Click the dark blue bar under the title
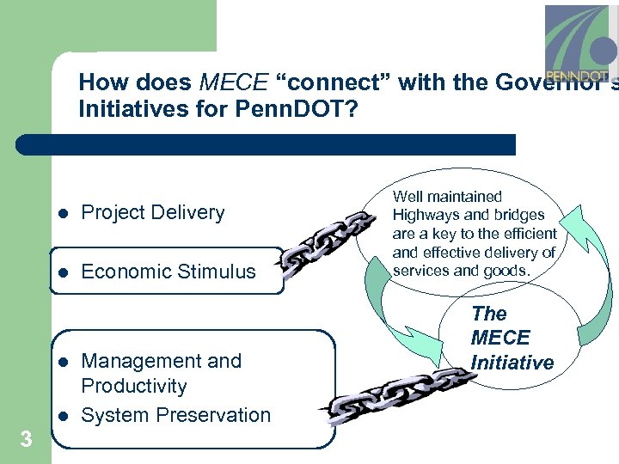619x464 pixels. pyautogui.click(x=284, y=144)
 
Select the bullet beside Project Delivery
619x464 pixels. pyautogui.click(x=62, y=213)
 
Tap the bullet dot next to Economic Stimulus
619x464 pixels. pyautogui.click(x=62, y=272)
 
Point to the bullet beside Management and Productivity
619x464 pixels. pyautogui.click(x=62, y=362)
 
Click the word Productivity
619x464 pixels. pyautogui.click(x=133, y=387)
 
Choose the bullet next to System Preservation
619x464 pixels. pyautogui.click(x=62, y=416)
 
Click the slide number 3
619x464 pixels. pyautogui.click(x=26, y=440)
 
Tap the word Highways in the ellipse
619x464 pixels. pyautogui.click(x=426, y=214)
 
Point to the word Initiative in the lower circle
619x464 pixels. pyautogui.click(x=512, y=363)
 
